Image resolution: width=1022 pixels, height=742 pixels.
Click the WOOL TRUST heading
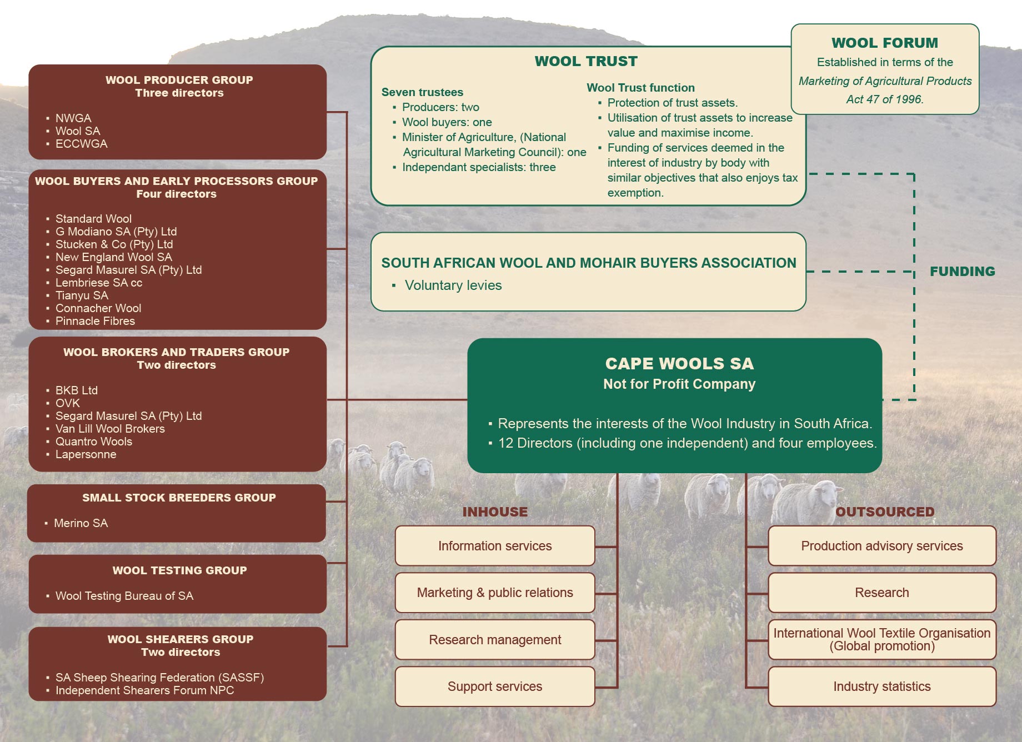[586, 61]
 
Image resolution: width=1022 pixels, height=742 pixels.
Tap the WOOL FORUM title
[885, 43]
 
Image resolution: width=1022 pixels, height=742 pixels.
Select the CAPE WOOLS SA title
[679, 363]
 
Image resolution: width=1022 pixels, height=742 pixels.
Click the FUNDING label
[963, 272]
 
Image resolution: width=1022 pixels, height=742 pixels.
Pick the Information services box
[495, 546]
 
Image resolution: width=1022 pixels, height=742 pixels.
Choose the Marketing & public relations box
[495, 593]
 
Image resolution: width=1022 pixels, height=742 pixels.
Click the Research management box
[495, 640]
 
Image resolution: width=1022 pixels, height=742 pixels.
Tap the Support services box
[495, 686]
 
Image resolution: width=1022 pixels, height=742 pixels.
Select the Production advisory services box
[882, 546]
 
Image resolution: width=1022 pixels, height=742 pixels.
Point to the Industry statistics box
[882, 686]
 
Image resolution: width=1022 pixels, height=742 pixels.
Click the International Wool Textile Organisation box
[882, 640]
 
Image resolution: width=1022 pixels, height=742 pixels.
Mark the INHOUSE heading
[495, 512]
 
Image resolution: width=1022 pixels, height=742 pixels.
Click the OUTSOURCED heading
[885, 512]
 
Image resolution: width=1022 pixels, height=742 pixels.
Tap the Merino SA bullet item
[81, 523]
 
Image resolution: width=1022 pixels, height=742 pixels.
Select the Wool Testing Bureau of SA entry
[124, 596]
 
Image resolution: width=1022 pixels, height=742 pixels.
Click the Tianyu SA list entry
[82, 295]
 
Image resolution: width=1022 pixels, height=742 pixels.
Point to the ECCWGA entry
[82, 144]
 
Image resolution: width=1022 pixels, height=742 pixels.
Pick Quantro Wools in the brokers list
[94, 442]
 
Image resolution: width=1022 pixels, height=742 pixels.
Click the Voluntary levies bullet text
[453, 285]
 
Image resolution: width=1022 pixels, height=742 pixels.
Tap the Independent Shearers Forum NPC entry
[144, 690]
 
